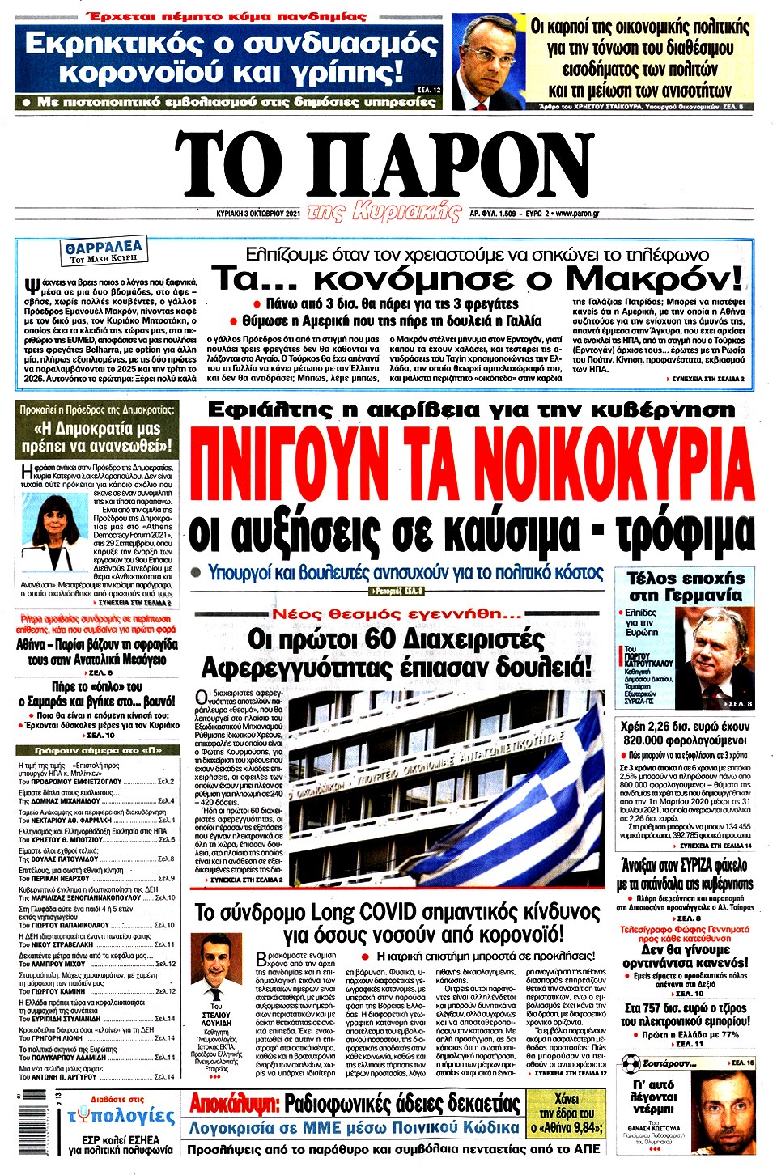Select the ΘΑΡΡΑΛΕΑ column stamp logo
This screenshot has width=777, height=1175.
click(x=104, y=250)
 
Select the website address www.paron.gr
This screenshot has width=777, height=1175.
click(x=577, y=214)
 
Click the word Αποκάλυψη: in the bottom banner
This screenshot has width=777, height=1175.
click(x=235, y=1104)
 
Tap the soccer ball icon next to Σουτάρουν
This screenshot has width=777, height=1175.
click(x=631, y=1063)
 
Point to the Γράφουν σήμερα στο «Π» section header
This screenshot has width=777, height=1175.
click(x=97, y=749)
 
